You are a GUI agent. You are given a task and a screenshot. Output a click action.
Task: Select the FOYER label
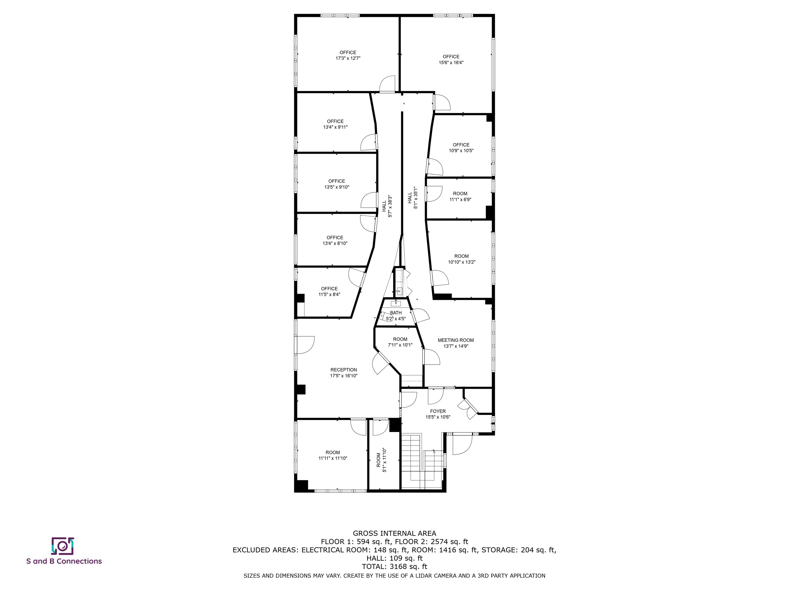[438, 411]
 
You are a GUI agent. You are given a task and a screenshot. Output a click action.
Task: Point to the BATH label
[396, 313]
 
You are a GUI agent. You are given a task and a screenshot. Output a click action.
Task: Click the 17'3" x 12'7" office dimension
[348, 58]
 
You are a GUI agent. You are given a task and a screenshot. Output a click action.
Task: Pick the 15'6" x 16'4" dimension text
[451, 62]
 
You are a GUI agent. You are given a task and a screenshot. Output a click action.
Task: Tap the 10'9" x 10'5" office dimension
[461, 151]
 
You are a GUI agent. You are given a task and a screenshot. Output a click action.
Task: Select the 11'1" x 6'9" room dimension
[460, 199]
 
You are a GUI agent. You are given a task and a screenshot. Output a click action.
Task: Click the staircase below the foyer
[423, 461]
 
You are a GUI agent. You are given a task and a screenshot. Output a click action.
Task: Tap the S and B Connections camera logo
[63, 546]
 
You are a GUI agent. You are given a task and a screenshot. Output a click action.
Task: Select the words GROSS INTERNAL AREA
[394, 533]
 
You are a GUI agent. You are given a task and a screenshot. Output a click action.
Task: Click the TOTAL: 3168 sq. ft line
[394, 566]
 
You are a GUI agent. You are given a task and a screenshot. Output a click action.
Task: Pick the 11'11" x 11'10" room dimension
[333, 458]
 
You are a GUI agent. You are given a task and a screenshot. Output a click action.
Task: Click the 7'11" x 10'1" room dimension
[400, 345]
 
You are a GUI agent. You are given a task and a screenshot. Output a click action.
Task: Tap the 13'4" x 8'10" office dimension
[335, 243]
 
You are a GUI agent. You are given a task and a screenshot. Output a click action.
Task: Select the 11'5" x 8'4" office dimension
[329, 294]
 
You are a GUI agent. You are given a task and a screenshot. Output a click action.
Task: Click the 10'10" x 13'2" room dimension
[462, 262]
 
